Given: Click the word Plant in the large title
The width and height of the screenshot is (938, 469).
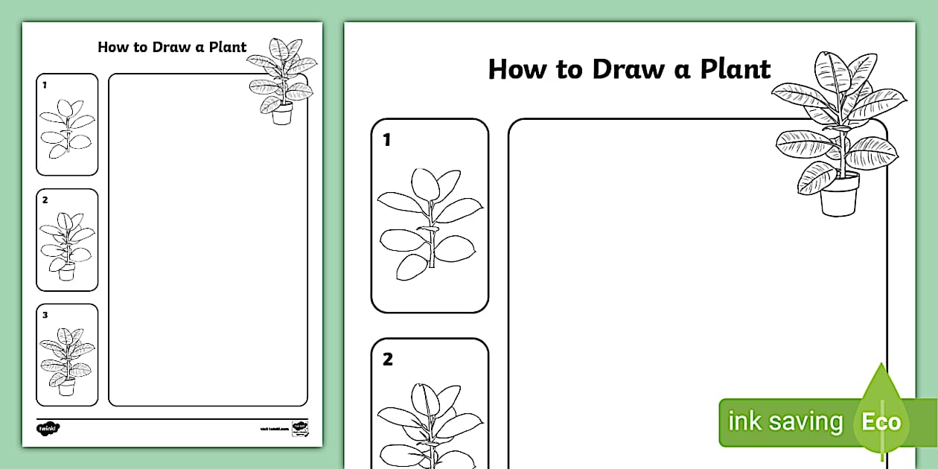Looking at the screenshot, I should [x=735, y=69].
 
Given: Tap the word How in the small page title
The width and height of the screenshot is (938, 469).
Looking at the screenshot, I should [x=112, y=47].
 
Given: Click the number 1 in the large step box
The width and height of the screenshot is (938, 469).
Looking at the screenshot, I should [x=387, y=139].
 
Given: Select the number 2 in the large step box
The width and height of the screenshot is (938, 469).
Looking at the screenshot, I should [x=387, y=360].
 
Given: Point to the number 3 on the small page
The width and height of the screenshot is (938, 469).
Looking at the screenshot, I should [x=45, y=315].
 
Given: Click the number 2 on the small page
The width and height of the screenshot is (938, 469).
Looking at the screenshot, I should [x=45, y=200].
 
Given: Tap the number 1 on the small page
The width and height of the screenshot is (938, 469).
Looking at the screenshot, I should [x=45, y=85].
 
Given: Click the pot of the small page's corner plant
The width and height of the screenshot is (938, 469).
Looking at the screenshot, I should [x=282, y=114].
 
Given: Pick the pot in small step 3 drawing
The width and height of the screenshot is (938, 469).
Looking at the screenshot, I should [x=66, y=387].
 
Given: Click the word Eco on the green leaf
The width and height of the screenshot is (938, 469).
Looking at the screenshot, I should [x=881, y=423].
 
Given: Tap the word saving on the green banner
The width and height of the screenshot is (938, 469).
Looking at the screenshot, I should [x=805, y=422].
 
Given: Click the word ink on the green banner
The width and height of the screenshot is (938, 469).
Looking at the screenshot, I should [x=744, y=421].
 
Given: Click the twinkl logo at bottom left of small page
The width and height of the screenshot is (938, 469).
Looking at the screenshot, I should [x=48, y=428].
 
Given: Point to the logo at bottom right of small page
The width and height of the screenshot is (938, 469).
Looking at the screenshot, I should [x=299, y=428].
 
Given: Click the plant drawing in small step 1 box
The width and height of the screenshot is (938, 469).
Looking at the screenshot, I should [x=66, y=129].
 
